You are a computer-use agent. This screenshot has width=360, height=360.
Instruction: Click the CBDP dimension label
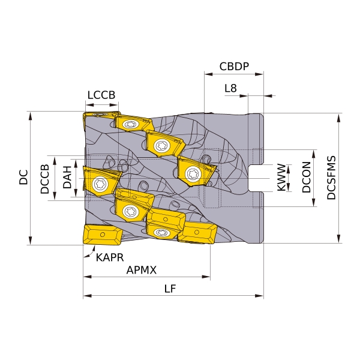coord(234,67)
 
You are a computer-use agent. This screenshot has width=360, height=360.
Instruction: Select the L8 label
coord(230,88)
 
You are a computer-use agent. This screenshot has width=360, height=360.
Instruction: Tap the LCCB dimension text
coord(101,95)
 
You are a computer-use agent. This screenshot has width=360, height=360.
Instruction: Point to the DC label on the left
coord(23,177)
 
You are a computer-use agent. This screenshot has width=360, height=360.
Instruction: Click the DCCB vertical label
coord(45,179)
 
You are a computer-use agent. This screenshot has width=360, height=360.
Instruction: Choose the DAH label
coord(67,177)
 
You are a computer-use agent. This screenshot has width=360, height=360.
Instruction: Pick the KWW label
coord(281,177)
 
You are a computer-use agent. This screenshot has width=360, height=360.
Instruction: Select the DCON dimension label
coord(306,177)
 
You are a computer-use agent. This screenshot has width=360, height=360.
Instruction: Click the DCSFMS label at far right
coord(331,178)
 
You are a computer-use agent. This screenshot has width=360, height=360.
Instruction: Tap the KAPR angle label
coord(110,257)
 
